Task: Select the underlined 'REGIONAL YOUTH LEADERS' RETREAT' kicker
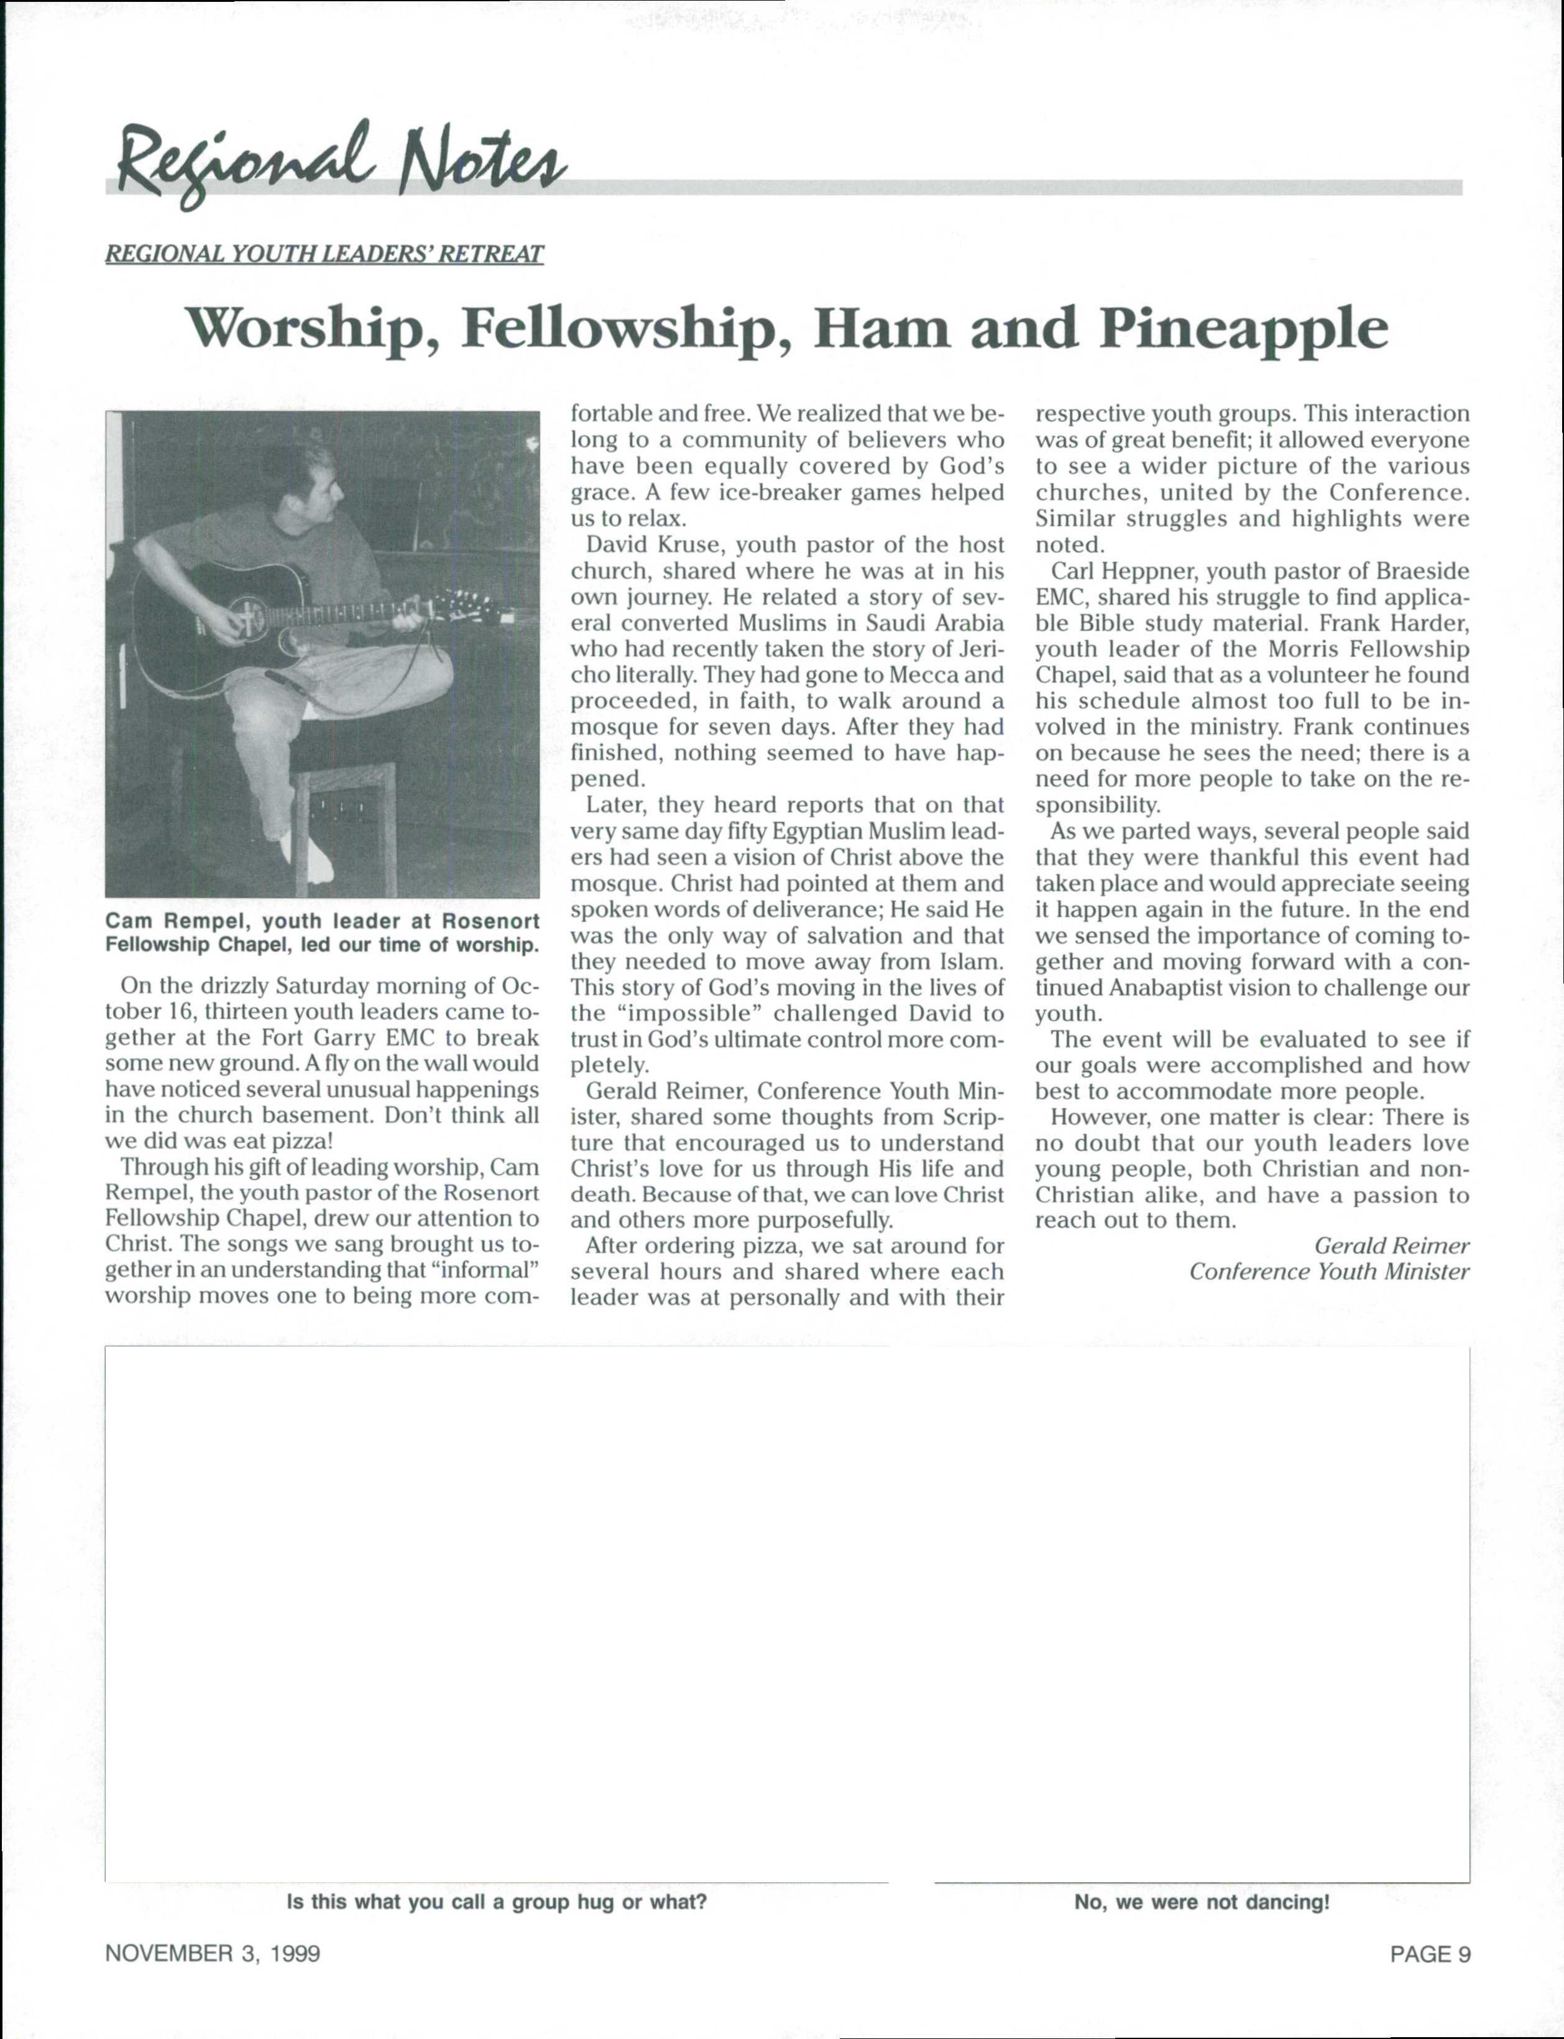(324, 254)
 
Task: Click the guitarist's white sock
(312, 857)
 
